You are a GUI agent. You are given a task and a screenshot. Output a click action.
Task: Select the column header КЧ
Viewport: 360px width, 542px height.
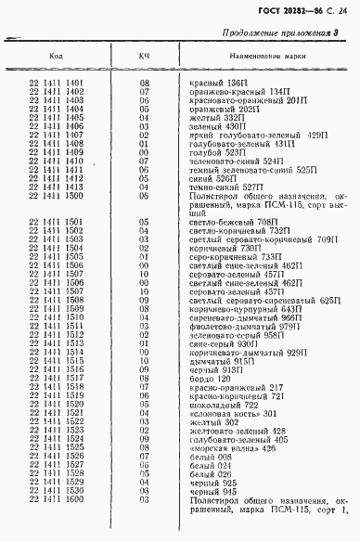pyautogui.click(x=144, y=57)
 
